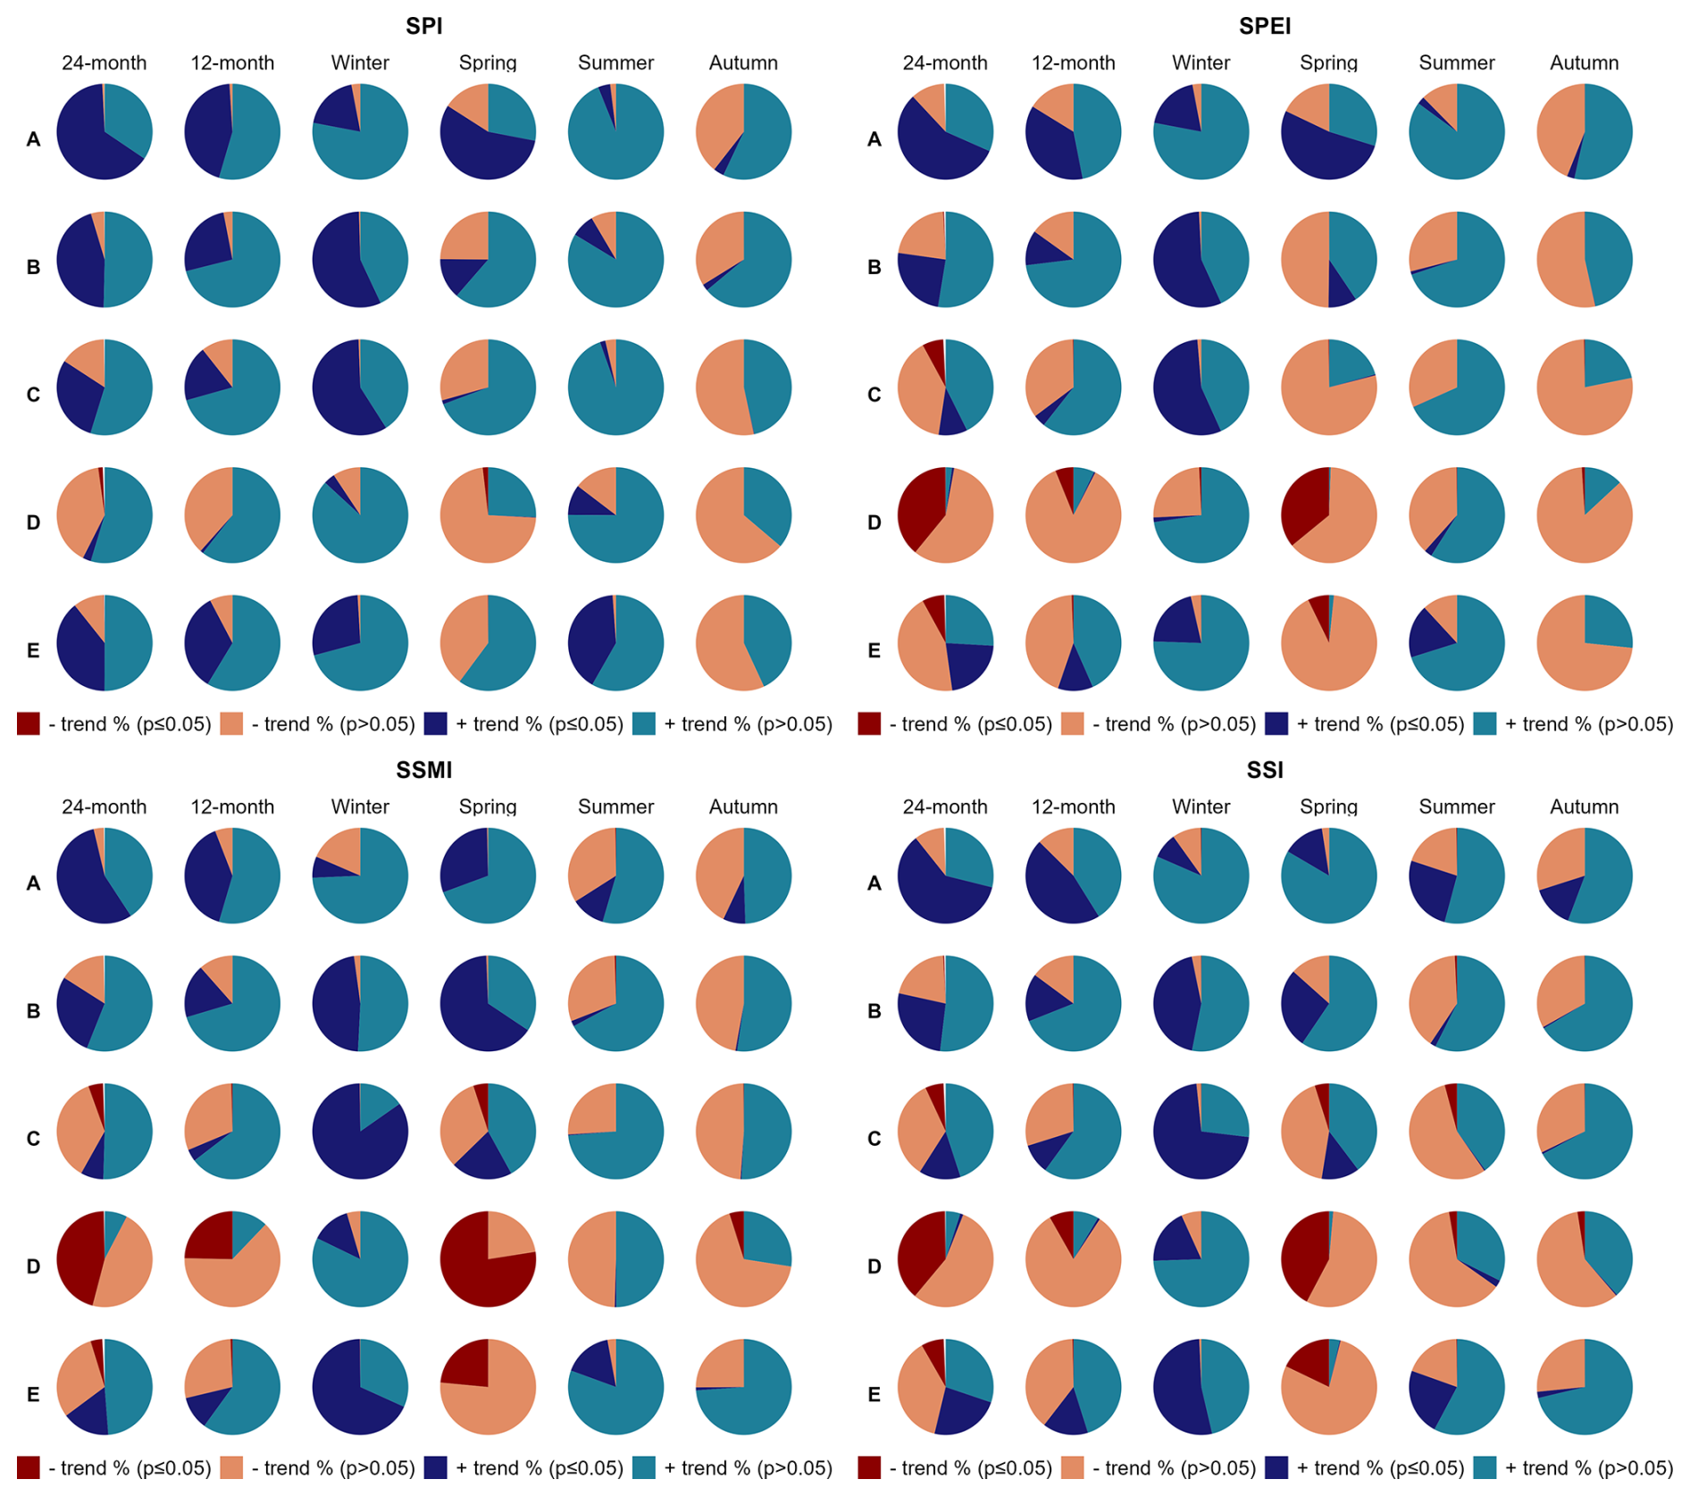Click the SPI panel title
423,26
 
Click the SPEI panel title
1264,26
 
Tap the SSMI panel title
423,770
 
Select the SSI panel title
1264,770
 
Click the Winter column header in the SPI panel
360,63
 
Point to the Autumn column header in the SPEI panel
1584,63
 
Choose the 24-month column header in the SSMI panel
104,807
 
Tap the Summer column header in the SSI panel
1456,807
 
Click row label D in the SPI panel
33,522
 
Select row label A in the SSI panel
874,883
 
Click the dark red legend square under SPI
29,724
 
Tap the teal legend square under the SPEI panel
1485,724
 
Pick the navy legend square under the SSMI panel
435,1467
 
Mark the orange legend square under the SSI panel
1073,1467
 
